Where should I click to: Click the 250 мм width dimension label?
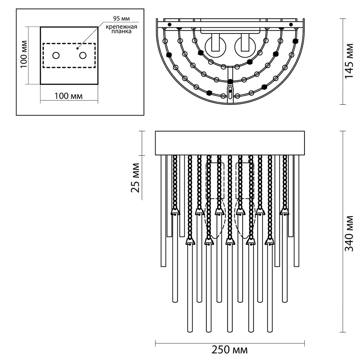[x=230, y=350]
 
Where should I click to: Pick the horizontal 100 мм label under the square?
[x=68, y=96]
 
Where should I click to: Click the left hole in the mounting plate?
[x=56, y=55]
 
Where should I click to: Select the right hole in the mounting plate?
[x=83, y=55]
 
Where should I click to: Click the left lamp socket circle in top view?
[x=215, y=47]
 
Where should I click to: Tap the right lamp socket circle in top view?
[x=245, y=47]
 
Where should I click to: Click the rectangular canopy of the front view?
[x=230, y=143]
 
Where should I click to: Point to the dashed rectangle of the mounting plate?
[x=69, y=44]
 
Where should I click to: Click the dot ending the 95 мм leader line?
[x=77, y=48]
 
